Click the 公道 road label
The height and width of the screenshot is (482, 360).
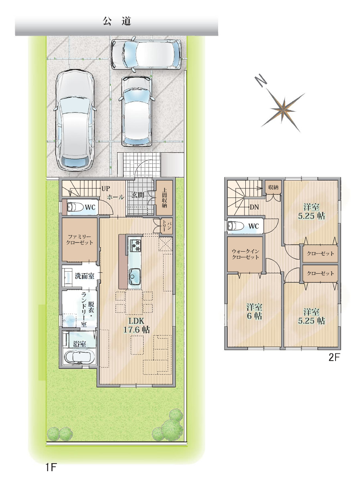coord(117,22)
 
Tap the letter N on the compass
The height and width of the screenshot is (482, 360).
coord(261,81)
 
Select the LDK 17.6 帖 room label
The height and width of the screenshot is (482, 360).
coord(137,325)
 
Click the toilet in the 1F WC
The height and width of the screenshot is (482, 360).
coord(75,207)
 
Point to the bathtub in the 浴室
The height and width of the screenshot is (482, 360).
coord(79,357)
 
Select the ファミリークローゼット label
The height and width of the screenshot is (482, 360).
coord(79,239)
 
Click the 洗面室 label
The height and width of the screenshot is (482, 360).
coord(85,276)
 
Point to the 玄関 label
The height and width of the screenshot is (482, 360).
coord(138,195)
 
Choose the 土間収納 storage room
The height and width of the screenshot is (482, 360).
coord(164,198)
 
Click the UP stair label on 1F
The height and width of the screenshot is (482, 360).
coord(105,188)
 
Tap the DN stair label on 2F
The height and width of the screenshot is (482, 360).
coord(254,207)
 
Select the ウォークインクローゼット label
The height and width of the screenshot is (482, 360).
coord(245,254)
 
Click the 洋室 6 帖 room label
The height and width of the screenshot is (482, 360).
coord(254,311)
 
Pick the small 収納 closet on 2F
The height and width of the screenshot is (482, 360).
coord(273,187)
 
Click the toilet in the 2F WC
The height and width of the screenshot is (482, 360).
coord(236,226)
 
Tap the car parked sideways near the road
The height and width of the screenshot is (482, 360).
coord(146,54)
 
